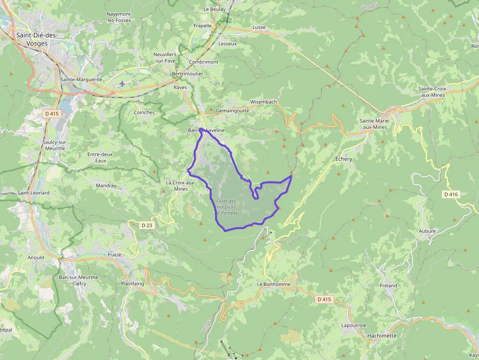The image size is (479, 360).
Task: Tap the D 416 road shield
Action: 451,194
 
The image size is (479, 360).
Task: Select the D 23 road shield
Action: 147,225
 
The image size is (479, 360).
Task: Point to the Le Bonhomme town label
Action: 273,284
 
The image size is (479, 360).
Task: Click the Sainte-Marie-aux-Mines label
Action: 373,124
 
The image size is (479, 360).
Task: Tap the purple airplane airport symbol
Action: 122,84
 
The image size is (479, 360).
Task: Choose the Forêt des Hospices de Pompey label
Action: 226,207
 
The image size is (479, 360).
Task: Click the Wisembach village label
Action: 263,102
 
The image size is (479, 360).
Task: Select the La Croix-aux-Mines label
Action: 180,186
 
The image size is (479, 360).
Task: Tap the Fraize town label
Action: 114,255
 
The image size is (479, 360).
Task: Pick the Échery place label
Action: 344,159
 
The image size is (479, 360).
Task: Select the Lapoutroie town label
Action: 354,325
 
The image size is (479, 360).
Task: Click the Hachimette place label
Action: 382,336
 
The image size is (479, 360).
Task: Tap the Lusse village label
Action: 259,27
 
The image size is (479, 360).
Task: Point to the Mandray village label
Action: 106,186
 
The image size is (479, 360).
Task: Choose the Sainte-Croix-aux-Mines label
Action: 432,91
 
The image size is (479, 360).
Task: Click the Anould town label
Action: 36,257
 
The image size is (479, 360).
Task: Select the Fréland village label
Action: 388,285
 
